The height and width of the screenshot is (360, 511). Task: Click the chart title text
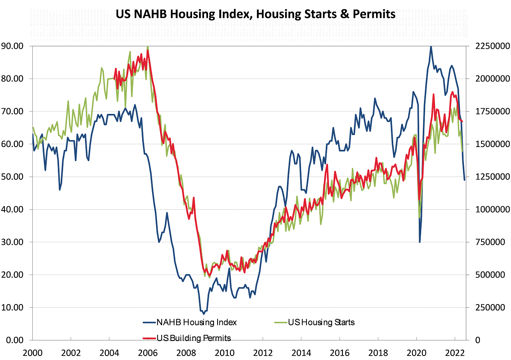[255, 14]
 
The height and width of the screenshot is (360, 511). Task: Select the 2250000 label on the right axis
[491, 46]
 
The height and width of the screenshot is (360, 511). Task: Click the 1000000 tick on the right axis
[491, 209]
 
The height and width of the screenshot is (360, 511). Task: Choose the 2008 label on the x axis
[186, 353]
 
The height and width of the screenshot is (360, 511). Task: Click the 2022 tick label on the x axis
[454, 353]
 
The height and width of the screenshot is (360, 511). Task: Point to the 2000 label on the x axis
[32, 353]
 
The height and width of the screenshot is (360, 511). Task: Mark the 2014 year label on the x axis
[301, 353]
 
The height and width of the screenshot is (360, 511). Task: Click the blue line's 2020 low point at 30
[420, 242]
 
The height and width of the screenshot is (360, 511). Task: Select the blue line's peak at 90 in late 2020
[431, 46]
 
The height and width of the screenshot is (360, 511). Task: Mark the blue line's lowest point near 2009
[204, 314]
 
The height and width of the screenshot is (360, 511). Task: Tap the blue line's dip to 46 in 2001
[60, 189]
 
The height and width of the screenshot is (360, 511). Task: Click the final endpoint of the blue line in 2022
[464, 180]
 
